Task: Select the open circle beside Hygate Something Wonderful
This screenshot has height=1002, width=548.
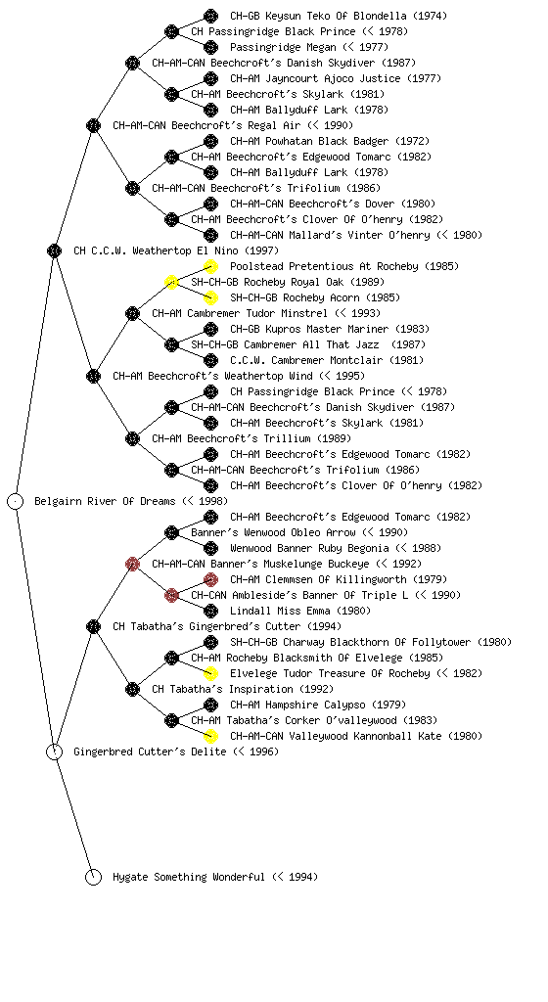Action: [93, 878]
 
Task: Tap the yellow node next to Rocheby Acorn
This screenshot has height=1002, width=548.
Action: [210, 297]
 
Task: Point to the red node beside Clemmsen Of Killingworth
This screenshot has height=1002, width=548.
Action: [210, 579]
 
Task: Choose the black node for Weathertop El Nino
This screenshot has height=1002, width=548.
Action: [54, 251]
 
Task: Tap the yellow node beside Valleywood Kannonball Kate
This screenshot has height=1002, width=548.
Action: [210, 736]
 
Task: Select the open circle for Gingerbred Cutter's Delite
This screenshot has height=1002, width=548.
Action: [55, 752]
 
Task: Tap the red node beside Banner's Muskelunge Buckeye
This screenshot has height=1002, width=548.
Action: [132, 565]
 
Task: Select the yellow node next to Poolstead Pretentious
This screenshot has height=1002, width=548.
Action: [210, 266]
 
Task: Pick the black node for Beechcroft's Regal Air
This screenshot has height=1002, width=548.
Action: [93, 126]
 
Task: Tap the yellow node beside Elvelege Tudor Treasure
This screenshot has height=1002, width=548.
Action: [210, 673]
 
